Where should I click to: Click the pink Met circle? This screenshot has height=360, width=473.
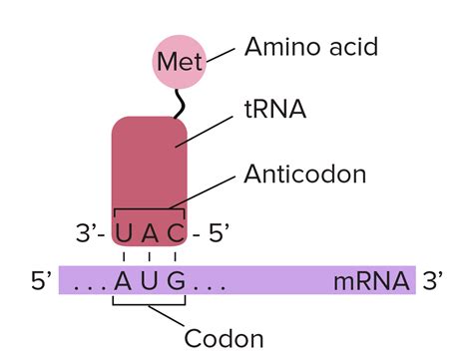[x=179, y=63]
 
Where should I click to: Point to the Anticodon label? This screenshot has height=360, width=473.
[x=304, y=175]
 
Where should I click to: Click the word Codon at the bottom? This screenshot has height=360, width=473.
[x=224, y=338]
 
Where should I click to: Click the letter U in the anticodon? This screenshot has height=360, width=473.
[x=125, y=235]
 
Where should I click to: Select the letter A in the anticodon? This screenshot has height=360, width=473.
[x=150, y=235]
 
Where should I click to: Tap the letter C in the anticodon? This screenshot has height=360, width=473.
[x=175, y=235]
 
